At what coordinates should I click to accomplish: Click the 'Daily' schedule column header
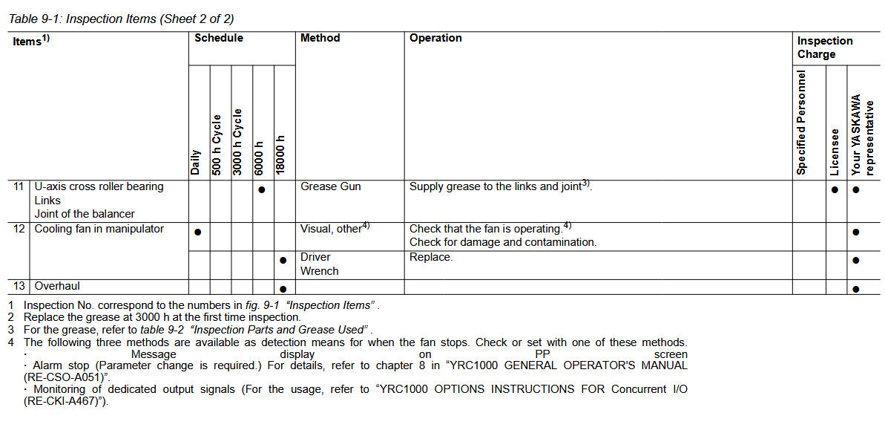coord(196,161)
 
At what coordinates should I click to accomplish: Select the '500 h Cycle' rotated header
coord(217,144)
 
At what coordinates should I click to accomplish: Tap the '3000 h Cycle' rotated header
coord(238,142)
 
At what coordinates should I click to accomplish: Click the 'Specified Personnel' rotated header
coord(801,123)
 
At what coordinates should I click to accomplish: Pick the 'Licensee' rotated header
coord(835,152)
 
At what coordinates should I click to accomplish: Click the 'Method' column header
coord(320,38)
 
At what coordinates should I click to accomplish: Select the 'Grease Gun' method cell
coord(330,187)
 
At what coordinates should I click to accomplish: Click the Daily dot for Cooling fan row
coord(198,232)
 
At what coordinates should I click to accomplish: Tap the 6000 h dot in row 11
coord(262,190)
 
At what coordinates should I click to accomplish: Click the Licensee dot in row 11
coord(835,190)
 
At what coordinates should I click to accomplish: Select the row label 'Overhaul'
coord(57,286)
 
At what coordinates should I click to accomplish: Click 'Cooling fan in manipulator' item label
coord(99,229)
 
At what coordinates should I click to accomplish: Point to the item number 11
coord(19,186)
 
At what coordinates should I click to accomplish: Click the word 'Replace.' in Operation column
coord(430,257)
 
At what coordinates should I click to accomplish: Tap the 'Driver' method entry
coord(315,257)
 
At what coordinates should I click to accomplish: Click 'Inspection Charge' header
coord(824,47)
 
